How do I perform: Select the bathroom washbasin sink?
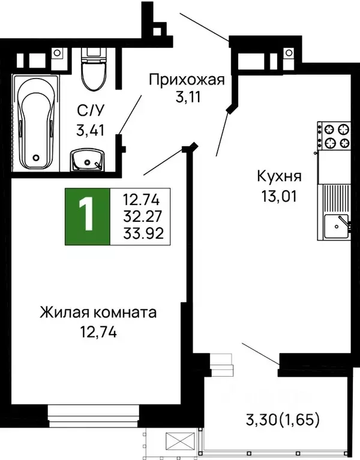[88, 160]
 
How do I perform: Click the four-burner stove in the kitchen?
[334, 136]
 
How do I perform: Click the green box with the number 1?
[88, 216]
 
